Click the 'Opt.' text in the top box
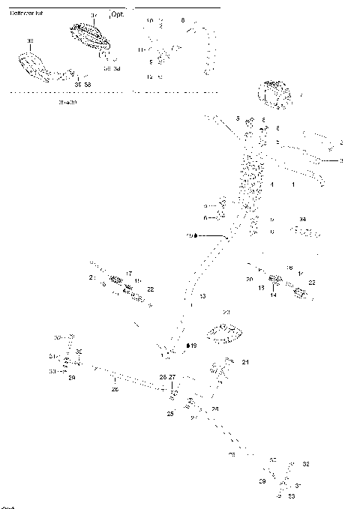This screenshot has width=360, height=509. point(117,14)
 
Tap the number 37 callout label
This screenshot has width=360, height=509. point(94,15)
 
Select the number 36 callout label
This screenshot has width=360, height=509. point(29,40)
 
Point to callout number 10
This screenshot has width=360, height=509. point(149,20)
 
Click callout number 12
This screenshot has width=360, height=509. point(149,77)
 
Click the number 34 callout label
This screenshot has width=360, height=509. point(302,219)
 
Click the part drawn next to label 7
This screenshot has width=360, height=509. point(275,94)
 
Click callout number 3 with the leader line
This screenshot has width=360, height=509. point(341,161)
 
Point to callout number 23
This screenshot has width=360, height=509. point(226,313)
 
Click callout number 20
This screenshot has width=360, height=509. point(249,279)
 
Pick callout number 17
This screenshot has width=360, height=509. point(129,274)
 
